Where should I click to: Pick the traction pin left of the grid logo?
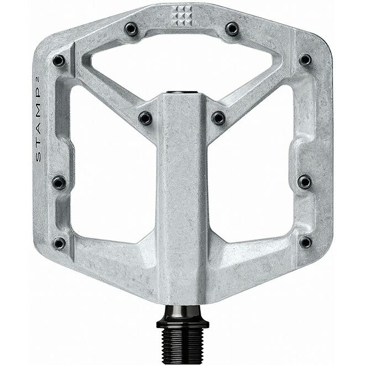tap(131, 29)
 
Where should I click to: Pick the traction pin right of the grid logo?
tap(232, 28)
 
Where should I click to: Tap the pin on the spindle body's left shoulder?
tap(145, 118)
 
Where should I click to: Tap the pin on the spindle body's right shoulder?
tap(218, 118)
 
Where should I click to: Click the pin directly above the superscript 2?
tap(59, 60)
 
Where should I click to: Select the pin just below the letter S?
tap(59, 182)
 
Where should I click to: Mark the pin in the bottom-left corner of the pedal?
tap(59, 243)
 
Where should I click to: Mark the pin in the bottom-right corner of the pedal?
tap(305, 242)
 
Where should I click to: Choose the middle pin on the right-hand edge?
tap(305, 181)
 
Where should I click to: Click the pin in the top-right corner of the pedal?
tap(305, 59)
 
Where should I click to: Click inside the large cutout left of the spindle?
tap(111, 177)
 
